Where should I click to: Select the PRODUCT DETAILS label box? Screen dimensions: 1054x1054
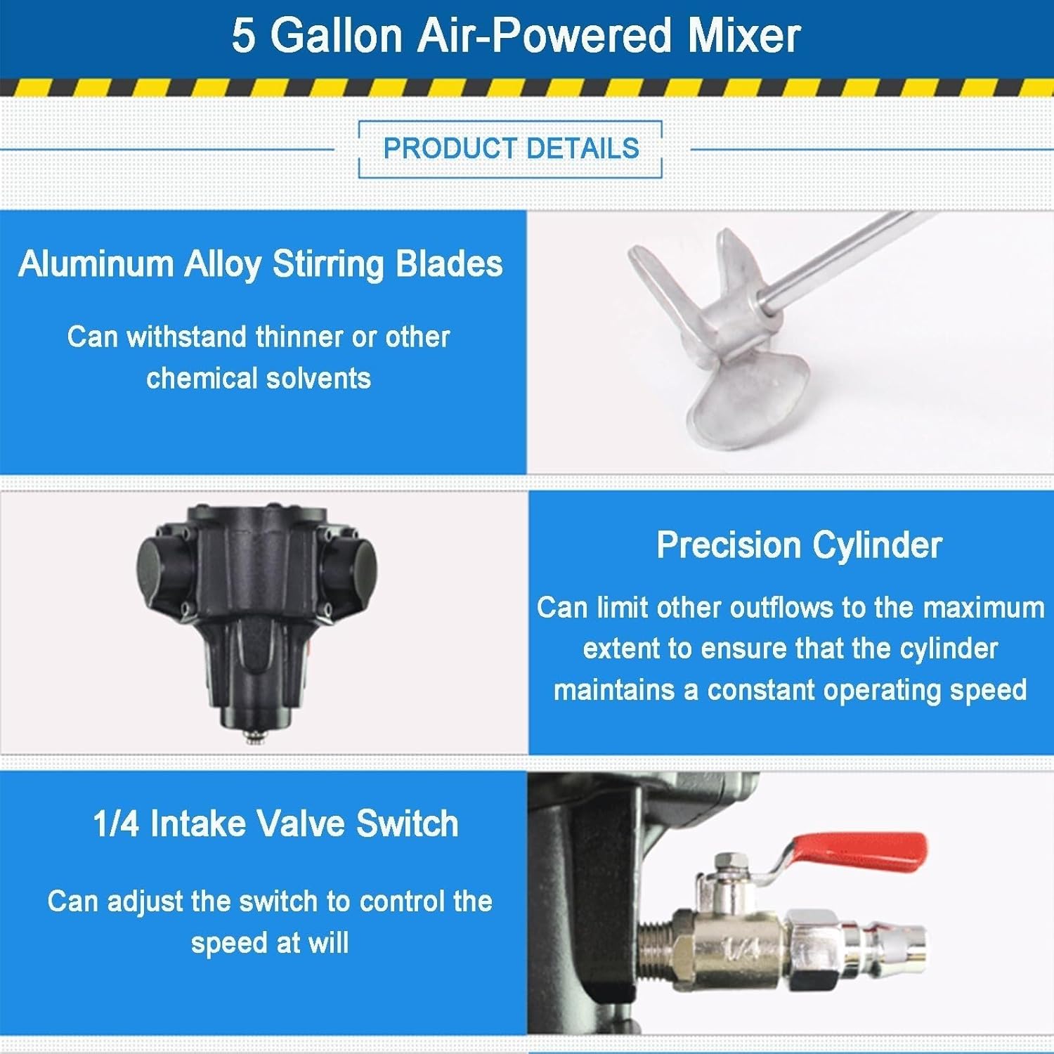[x=511, y=149]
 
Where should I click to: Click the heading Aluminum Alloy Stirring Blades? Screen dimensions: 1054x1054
[x=261, y=264]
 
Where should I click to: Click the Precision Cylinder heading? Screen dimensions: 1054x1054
[x=799, y=545]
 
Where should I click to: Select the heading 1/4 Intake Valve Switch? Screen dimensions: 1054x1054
[x=275, y=824]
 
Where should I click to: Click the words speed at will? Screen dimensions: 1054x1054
[x=270, y=943]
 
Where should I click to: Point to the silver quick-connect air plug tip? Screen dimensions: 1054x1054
[x=906, y=941]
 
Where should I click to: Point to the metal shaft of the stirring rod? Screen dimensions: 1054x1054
[x=843, y=260]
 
